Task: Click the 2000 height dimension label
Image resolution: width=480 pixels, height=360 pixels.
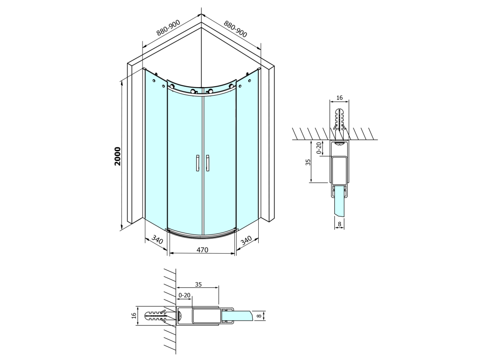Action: point(118,157)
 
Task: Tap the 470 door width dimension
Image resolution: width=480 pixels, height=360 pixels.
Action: point(202,250)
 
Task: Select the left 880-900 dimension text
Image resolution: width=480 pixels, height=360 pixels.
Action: point(168,28)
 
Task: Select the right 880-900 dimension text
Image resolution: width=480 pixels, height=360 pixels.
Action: point(235,29)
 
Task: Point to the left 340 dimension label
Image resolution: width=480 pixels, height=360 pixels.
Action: point(157,240)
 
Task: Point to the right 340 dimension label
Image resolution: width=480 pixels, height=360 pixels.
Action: point(246,240)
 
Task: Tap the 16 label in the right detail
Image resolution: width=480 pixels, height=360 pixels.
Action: point(339,97)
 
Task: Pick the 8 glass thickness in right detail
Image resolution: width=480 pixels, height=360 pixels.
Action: point(339,224)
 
